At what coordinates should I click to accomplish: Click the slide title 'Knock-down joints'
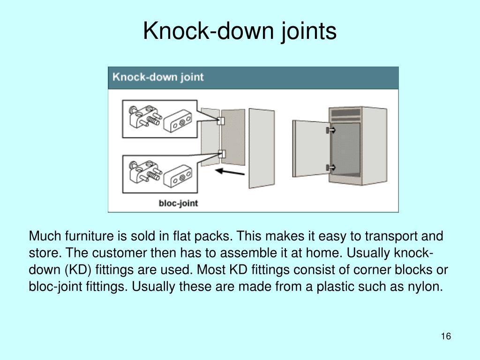[240, 31]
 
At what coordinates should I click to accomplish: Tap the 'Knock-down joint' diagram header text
[158, 77]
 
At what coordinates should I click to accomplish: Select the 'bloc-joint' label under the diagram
[178, 203]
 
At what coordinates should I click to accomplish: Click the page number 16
[446, 337]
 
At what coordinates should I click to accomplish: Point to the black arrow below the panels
[229, 172]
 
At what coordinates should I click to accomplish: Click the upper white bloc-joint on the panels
[221, 120]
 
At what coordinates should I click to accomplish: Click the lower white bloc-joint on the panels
[221, 153]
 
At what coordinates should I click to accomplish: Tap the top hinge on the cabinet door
[331, 130]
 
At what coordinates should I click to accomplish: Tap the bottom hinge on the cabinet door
[331, 167]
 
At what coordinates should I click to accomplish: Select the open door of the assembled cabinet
[310, 148]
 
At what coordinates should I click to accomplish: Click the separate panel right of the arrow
[261, 148]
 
